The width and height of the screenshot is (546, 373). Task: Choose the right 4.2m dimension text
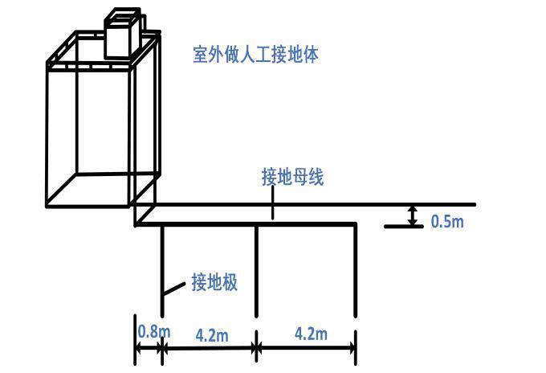[310, 334]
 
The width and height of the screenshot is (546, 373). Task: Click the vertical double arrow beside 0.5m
[413, 215]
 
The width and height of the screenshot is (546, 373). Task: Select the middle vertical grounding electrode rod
[256, 269]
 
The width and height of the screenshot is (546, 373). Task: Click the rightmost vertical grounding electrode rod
[356, 269]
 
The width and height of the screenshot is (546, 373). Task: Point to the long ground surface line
[321, 205]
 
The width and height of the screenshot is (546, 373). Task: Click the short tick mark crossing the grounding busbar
[274, 211]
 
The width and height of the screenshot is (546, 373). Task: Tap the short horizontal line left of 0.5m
[404, 227]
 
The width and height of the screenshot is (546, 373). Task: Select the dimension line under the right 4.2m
[307, 349]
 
